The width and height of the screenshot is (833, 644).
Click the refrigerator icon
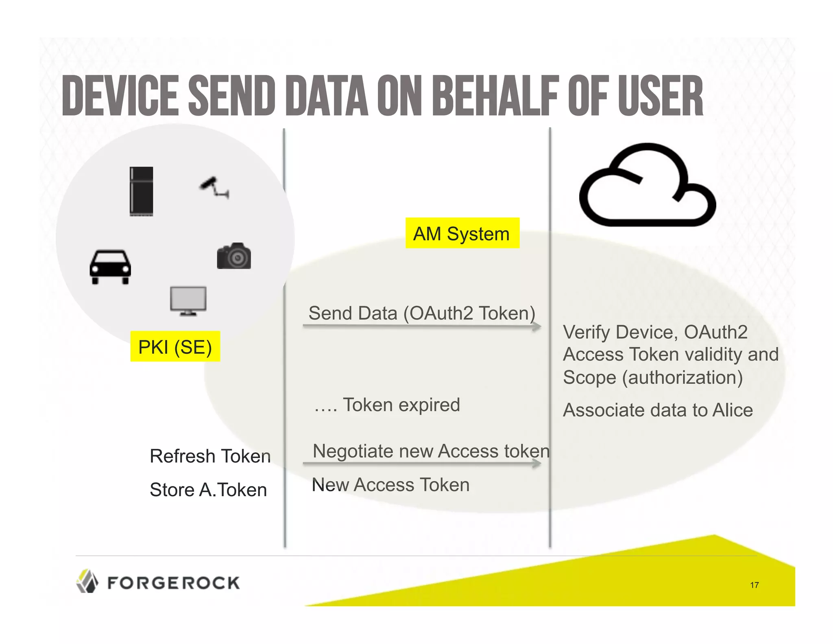pyautogui.click(x=141, y=191)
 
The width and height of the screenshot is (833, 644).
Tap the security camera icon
pyautogui.click(x=214, y=188)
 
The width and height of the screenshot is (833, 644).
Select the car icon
pyautogui.click(x=110, y=267)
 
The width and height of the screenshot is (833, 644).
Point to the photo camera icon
pyautogui.click(x=234, y=256)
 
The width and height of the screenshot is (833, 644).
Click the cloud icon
pyautogui.click(x=647, y=185)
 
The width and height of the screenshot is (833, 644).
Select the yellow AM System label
pyautogui.click(x=462, y=233)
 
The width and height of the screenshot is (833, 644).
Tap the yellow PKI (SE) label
pyautogui.click(x=175, y=346)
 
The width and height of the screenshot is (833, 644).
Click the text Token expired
pyautogui.click(x=401, y=405)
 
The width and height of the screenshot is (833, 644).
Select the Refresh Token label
pyautogui.click(x=210, y=456)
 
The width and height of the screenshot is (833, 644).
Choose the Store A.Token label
pyautogui.click(x=208, y=489)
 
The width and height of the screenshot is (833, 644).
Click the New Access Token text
pyautogui.click(x=390, y=484)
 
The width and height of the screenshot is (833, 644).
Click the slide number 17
pyautogui.click(x=754, y=585)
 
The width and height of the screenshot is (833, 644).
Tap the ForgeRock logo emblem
pyautogui.click(x=87, y=581)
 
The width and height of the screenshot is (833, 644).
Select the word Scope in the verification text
pyautogui.click(x=589, y=377)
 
